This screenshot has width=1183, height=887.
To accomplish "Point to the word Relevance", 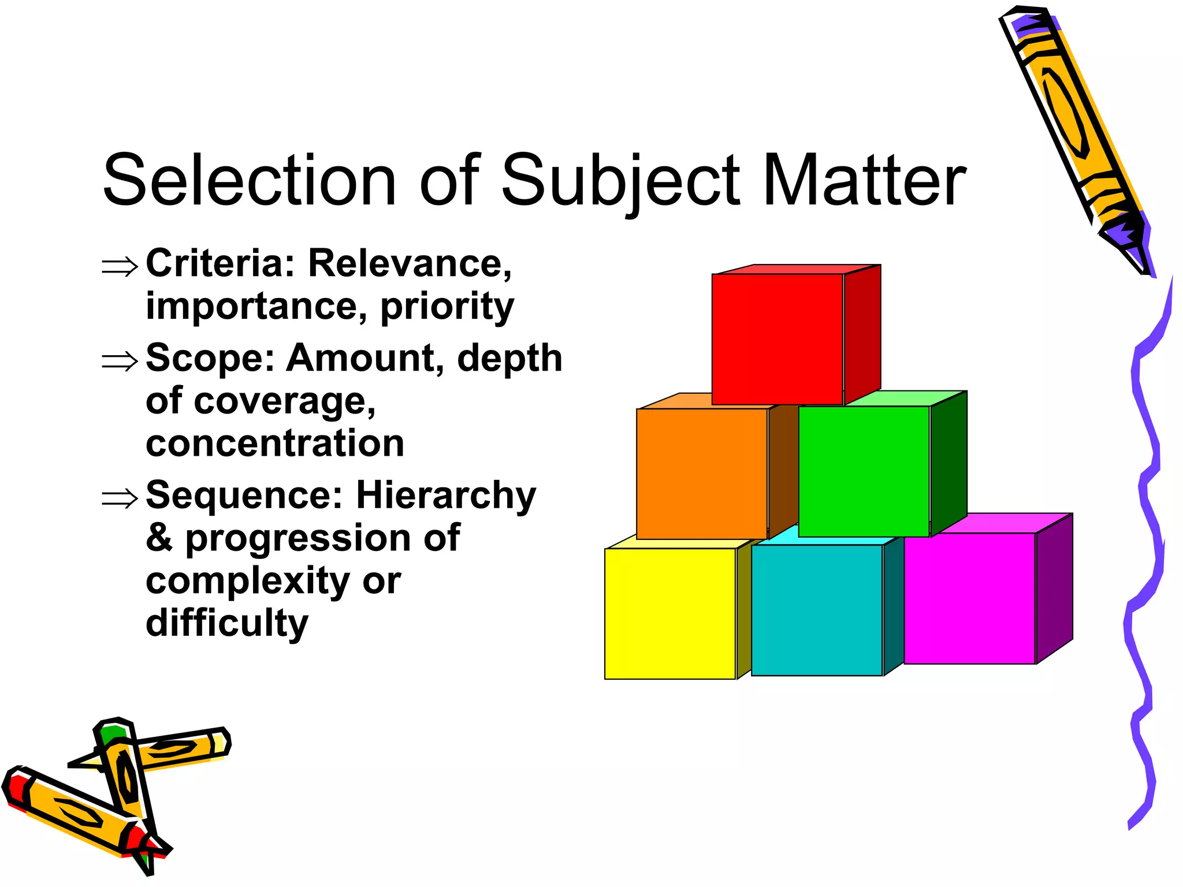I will point(410,263).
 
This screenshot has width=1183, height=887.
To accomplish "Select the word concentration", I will point(275,443).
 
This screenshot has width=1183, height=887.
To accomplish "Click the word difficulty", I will point(227,624).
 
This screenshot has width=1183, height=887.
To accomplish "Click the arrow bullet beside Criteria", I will point(120,267).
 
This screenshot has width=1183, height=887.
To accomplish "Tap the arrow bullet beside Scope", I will point(120,361).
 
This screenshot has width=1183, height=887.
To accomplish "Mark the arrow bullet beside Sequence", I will point(120,498).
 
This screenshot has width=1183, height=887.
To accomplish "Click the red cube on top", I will point(777,339).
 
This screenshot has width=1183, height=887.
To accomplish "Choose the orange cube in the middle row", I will point(702,474).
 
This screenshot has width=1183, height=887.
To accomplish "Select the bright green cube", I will point(864,471).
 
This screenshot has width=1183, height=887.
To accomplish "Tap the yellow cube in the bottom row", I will point(670,613).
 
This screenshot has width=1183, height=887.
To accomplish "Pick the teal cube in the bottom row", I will point(817,610).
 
